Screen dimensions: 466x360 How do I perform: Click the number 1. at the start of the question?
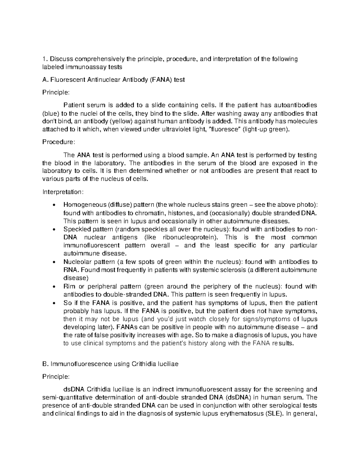tap(45, 59)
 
